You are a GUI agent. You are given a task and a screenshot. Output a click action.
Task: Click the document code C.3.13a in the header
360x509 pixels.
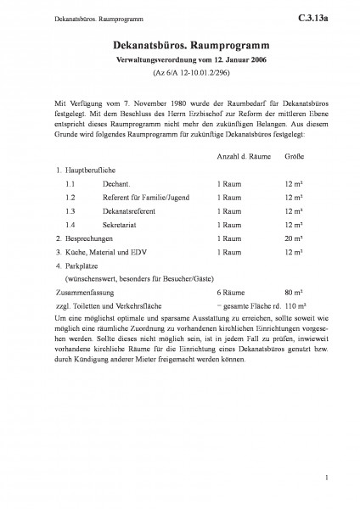point(323,14)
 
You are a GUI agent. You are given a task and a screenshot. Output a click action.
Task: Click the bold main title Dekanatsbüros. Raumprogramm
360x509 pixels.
point(180,51)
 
